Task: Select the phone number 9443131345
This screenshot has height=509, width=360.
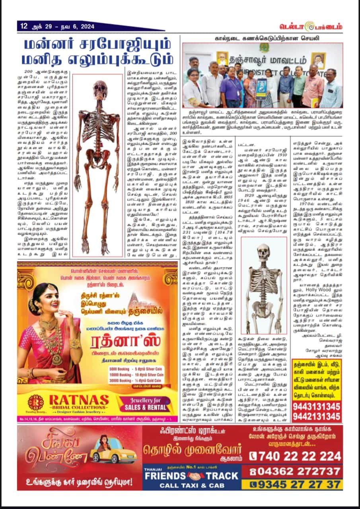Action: pyautogui.click(x=317, y=406)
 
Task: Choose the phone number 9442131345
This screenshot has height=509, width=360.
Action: pyautogui.click(x=317, y=416)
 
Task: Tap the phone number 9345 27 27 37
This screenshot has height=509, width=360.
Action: pyautogui.click(x=296, y=484)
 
